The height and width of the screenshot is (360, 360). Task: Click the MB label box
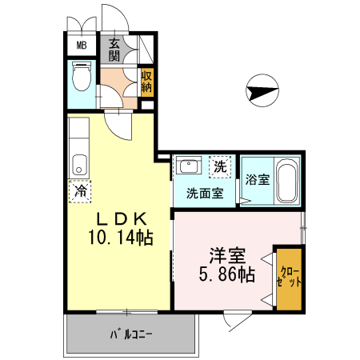click(81, 45)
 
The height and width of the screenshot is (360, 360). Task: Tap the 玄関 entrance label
click(114, 50)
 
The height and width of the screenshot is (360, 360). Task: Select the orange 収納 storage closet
click(146, 82)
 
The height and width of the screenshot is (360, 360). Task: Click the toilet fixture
click(80, 78)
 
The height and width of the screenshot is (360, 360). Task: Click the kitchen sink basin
click(78, 166)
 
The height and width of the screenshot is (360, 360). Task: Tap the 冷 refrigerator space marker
click(80, 191)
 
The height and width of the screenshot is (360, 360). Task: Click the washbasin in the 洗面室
click(190, 166)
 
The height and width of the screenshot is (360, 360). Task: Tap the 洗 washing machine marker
click(220, 167)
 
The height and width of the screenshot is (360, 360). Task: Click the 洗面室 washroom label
click(204, 193)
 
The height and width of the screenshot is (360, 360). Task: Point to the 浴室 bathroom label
click(258, 178)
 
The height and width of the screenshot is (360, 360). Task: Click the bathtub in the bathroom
click(288, 180)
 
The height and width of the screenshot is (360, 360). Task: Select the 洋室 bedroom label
click(226, 256)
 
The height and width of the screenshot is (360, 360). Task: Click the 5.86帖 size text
click(227, 275)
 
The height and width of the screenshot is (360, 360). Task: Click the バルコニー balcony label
click(130, 334)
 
